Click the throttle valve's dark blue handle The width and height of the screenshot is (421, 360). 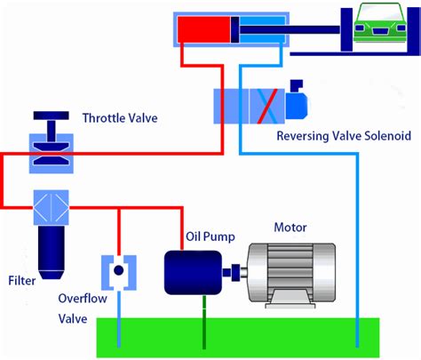point(50,118)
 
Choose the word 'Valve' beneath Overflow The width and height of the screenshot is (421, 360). point(73,318)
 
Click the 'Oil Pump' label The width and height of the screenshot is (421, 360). point(207,237)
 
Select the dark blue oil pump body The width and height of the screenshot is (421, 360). point(193,271)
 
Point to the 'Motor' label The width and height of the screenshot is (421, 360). point(290,227)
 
